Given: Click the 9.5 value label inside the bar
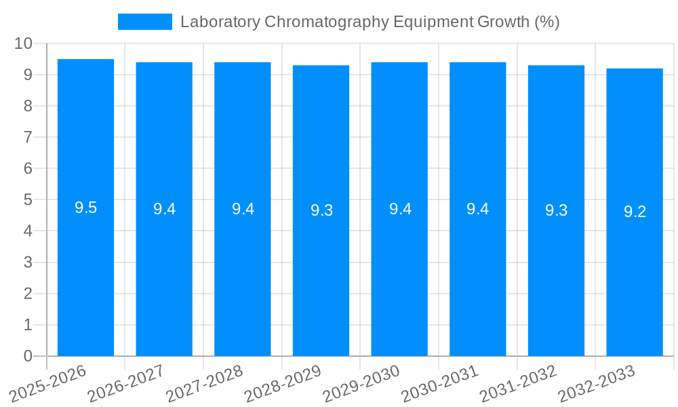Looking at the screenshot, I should coord(85,208).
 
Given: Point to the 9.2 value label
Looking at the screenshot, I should coord(635,212).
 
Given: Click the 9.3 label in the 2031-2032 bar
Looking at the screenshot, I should coord(556,210).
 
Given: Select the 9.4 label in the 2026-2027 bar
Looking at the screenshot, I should coord(164,209).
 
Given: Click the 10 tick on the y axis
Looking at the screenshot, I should coord(23,43).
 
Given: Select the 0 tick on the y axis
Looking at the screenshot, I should coord(28,356).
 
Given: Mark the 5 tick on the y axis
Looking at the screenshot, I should coord(28,200).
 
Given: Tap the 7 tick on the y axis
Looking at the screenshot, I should coord(28,137).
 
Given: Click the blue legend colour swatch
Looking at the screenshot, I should coord(144,22).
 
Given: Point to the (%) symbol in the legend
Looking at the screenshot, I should coord(546,22).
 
